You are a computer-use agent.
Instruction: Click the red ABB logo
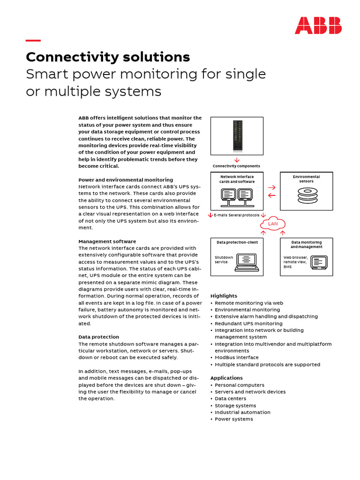(318, 25)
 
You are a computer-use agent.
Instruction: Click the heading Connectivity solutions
(108, 57)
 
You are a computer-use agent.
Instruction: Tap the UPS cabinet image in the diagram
(237, 135)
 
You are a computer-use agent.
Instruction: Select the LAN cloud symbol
(273, 224)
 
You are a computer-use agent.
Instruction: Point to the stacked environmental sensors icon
(307, 195)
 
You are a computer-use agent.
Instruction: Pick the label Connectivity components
(236, 166)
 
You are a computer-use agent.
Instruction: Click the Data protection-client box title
(237, 242)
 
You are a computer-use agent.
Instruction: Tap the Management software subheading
(107, 241)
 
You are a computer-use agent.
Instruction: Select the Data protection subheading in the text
(98, 337)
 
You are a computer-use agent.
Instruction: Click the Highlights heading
(224, 296)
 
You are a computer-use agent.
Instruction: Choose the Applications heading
(226, 378)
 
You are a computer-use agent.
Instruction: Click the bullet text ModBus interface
(236, 358)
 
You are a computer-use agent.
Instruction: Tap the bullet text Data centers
(230, 398)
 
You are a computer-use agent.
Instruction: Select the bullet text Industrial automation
(242, 412)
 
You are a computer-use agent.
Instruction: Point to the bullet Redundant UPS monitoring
(248, 323)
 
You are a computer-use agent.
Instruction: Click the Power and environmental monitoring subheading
(126, 180)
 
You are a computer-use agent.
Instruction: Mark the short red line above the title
(33, 40)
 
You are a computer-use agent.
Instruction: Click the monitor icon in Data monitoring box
(319, 262)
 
